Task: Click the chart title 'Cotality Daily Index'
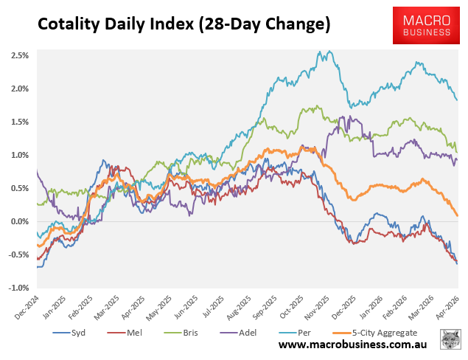tap(184, 25)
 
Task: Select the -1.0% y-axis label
tap(18, 288)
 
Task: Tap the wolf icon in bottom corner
tap(450, 340)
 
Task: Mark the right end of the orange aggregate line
tap(457, 215)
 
